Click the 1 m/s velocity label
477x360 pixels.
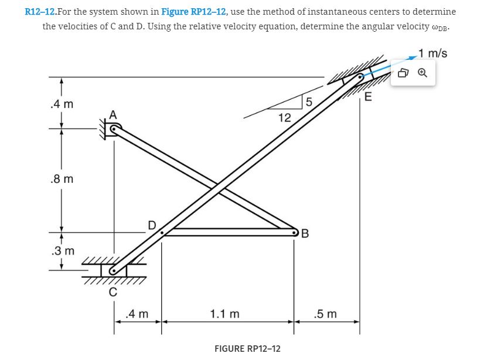point(433,53)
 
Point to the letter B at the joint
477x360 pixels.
point(304,236)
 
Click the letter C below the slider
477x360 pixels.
point(114,291)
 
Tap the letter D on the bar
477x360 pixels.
point(152,225)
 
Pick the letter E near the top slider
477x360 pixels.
point(367,97)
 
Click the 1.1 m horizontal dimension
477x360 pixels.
point(224,314)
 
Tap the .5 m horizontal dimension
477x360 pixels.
point(326,314)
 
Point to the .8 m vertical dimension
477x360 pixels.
point(62,179)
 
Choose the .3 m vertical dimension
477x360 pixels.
point(62,252)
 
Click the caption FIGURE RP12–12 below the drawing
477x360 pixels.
point(247,348)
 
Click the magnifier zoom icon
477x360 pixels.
point(423,73)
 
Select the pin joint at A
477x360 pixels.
point(113,132)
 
